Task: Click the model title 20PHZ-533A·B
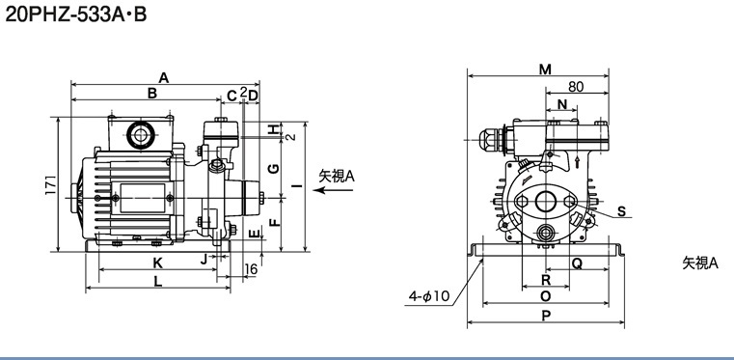(76, 14)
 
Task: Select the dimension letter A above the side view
(163, 78)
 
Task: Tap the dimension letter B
(152, 94)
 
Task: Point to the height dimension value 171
(51, 185)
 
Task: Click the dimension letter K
(158, 263)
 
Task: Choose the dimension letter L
(158, 282)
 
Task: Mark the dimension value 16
(252, 268)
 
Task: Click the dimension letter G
(275, 168)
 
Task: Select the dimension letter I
(298, 186)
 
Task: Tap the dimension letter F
(276, 220)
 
